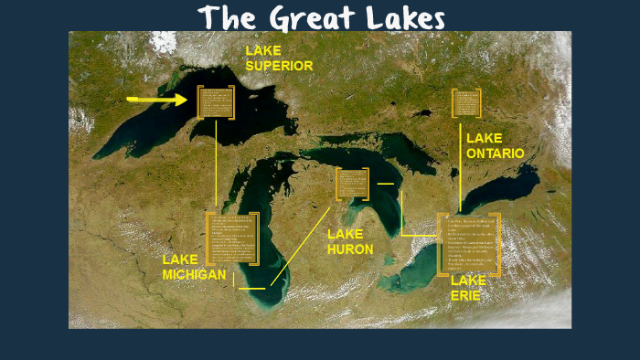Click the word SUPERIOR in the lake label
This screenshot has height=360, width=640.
point(279,66)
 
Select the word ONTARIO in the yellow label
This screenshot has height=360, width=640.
point(496,154)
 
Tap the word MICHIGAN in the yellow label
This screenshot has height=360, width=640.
point(194,274)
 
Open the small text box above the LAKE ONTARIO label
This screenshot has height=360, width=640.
point(466,102)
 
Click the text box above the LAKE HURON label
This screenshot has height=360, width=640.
point(352,184)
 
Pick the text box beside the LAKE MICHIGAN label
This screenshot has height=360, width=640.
point(233,238)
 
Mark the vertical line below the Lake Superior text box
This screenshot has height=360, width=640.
point(216,164)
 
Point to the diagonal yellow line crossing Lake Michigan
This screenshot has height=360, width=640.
point(302,247)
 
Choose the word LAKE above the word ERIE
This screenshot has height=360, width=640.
point(468,281)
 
